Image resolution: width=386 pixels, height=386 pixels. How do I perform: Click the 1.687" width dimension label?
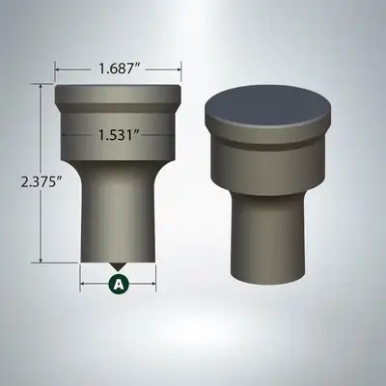tap(119, 69)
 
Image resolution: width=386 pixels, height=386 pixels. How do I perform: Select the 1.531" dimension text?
tap(119, 135)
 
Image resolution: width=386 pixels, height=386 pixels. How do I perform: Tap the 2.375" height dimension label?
tap(41, 182)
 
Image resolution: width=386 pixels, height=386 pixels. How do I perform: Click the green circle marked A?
tap(119, 284)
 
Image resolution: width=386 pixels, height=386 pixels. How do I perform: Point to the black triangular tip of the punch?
tap(118, 266)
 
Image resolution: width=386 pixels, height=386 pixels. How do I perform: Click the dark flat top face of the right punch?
tap(267, 105)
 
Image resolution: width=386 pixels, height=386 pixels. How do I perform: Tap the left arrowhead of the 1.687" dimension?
tap(58, 69)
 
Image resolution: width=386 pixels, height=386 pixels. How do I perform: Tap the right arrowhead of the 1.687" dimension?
tap(179, 69)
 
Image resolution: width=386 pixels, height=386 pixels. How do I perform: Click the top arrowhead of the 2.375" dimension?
tap(41, 87)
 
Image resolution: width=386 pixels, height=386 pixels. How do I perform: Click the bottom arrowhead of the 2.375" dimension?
tap(41, 260)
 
